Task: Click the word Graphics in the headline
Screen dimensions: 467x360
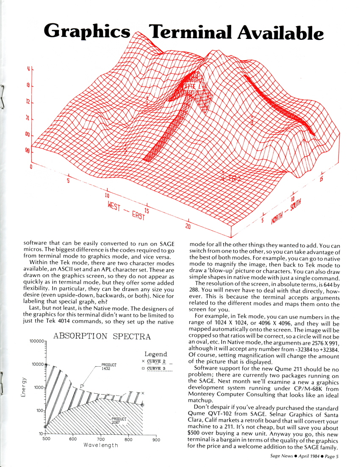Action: pyautogui.click(x=86, y=31)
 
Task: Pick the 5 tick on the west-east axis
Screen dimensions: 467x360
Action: pyautogui.click(x=68, y=181)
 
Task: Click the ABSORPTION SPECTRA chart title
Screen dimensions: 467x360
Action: pyautogui.click(x=102, y=337)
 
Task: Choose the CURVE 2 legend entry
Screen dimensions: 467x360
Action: pyautogui.click(x=156, y=361)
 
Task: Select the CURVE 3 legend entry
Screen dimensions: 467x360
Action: pyautogui.click(x=156, y=368)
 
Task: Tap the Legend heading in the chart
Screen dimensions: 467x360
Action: pyautogui.click(x=155, y=354)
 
